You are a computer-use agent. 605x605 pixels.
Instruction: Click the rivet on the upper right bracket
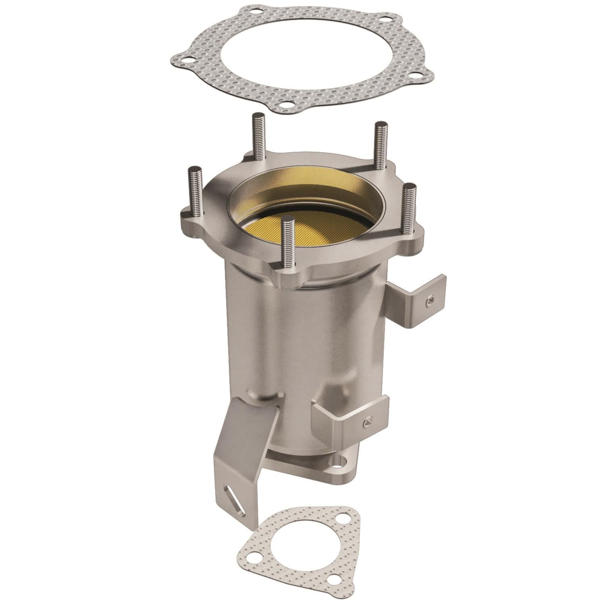430,298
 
